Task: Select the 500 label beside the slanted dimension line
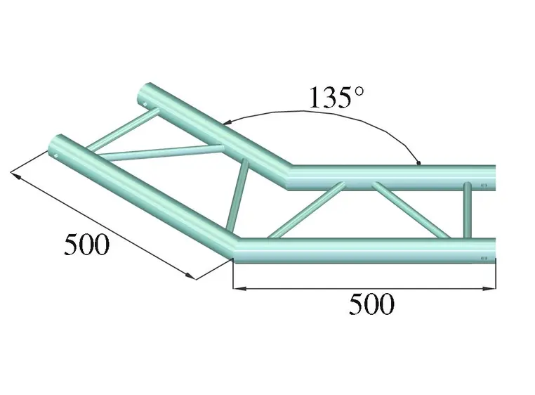(86, 245)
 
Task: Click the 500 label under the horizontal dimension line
(371, 305)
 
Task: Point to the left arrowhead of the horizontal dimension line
(237, 287)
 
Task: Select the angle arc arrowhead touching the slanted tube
(227, 122)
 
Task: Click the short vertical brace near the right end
(467, 209)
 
